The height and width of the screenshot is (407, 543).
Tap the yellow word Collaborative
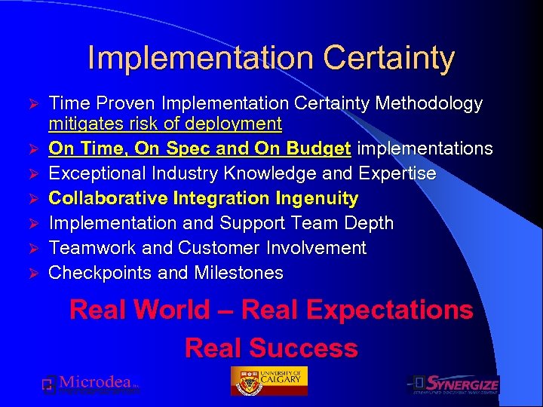(109, 198)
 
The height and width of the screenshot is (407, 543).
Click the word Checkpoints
(103, 273)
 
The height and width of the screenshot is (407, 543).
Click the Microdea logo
(90, 384)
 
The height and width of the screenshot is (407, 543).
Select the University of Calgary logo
(269, 381)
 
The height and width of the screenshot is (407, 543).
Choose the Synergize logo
(454, 384)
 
